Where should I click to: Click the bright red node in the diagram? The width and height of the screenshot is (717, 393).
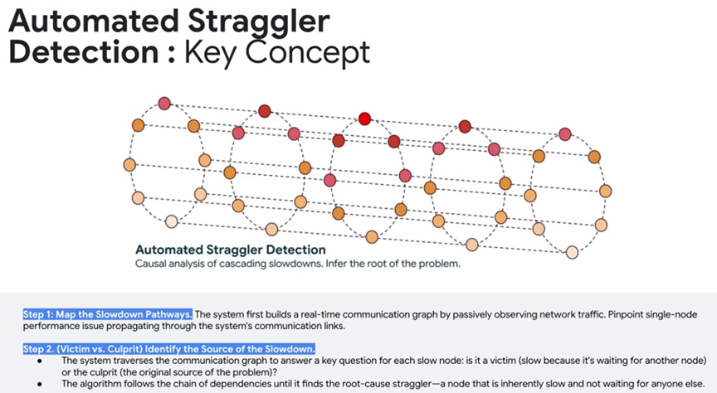(364, 119)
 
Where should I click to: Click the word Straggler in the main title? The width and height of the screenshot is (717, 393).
(259, 21)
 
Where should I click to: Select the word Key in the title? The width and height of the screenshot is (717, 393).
(212, 53)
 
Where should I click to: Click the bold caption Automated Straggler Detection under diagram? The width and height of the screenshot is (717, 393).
(231, 250)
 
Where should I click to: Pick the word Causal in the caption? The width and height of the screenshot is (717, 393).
(147, 264)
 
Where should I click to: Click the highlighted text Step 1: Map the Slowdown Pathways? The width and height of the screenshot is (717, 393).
(107, 314)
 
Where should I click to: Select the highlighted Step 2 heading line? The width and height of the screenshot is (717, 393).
(169, 349)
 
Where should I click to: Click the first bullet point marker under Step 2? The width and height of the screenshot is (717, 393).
(40, 361)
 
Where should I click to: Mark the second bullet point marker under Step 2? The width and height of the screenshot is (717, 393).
(40, 384)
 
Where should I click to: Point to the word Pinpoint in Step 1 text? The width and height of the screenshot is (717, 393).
(624, 314)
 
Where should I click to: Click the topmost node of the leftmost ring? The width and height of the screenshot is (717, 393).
(164, 104)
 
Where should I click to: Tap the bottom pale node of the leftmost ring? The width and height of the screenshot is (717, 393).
(171, 221)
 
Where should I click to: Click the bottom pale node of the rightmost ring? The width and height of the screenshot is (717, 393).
(572, 252)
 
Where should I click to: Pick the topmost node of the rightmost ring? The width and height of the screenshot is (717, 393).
(565, 133)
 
